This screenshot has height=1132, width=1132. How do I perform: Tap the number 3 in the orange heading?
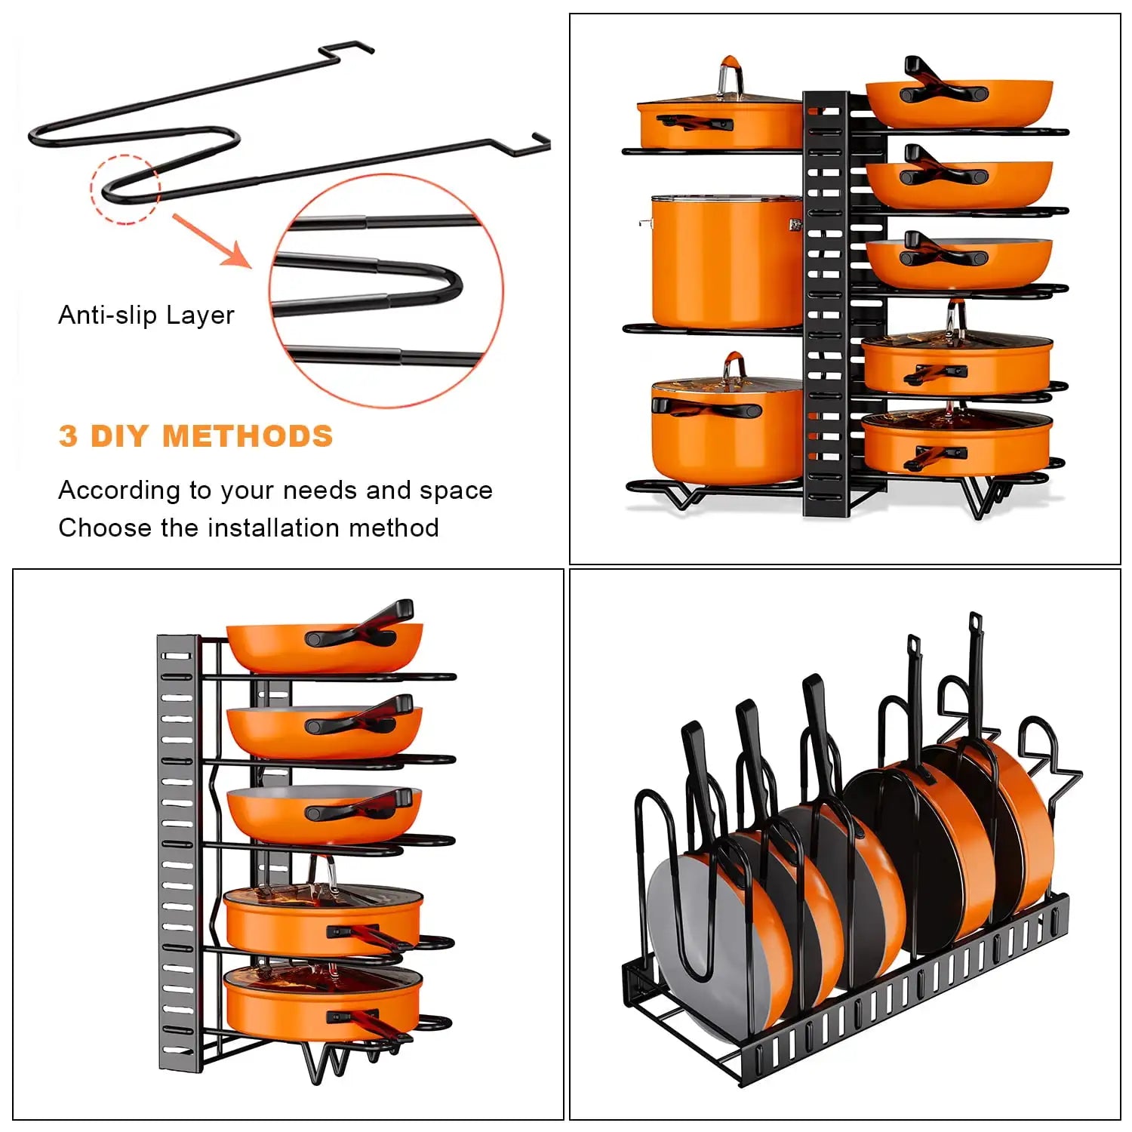[x=68, y=436]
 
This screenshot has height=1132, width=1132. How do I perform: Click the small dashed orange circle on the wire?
[x=125, y=189]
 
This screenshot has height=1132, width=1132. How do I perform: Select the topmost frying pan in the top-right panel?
[x=958, y=102]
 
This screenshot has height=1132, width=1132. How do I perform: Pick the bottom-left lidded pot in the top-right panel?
[x=724, y=430]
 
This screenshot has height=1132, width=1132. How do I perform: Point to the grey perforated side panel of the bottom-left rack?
[x=177, y=853]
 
